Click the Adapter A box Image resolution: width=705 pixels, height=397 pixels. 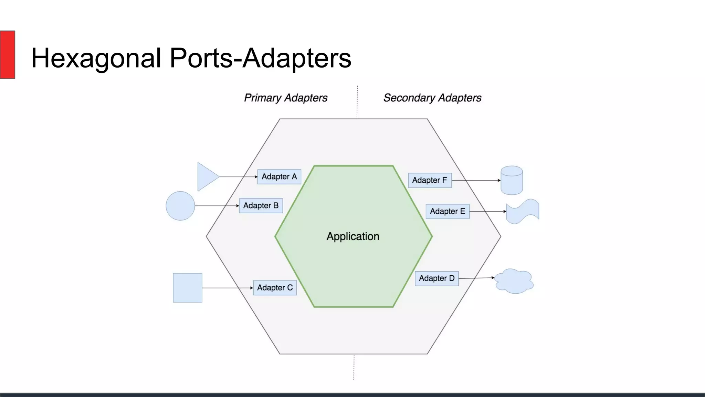point(279,177)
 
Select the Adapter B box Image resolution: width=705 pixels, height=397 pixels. point(261,206)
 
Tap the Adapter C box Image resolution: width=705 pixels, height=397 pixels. point(275,288)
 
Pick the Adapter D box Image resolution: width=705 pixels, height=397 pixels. point(436,278)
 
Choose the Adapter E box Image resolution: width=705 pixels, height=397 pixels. point(447,211)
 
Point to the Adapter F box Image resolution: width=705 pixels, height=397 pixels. point(430,180)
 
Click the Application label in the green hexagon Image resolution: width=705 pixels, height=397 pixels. point(353,236)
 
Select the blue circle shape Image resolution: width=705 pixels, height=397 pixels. point(180,206)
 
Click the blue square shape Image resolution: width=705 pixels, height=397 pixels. point(188,288)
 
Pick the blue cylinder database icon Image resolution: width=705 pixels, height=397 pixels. point(512,181)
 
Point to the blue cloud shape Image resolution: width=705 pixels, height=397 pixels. point(514,281)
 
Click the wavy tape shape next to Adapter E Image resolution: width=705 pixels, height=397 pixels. point(523,211)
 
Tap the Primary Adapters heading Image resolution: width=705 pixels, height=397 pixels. point(286,98)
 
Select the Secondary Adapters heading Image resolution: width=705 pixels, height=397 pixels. point(432,98)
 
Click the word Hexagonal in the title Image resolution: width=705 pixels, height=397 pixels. point(96,58)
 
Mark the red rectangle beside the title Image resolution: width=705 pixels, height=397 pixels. point(7,54)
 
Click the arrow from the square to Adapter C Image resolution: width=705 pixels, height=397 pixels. point(227,288)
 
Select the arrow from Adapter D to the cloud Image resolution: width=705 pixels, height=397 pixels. point(476,278)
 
